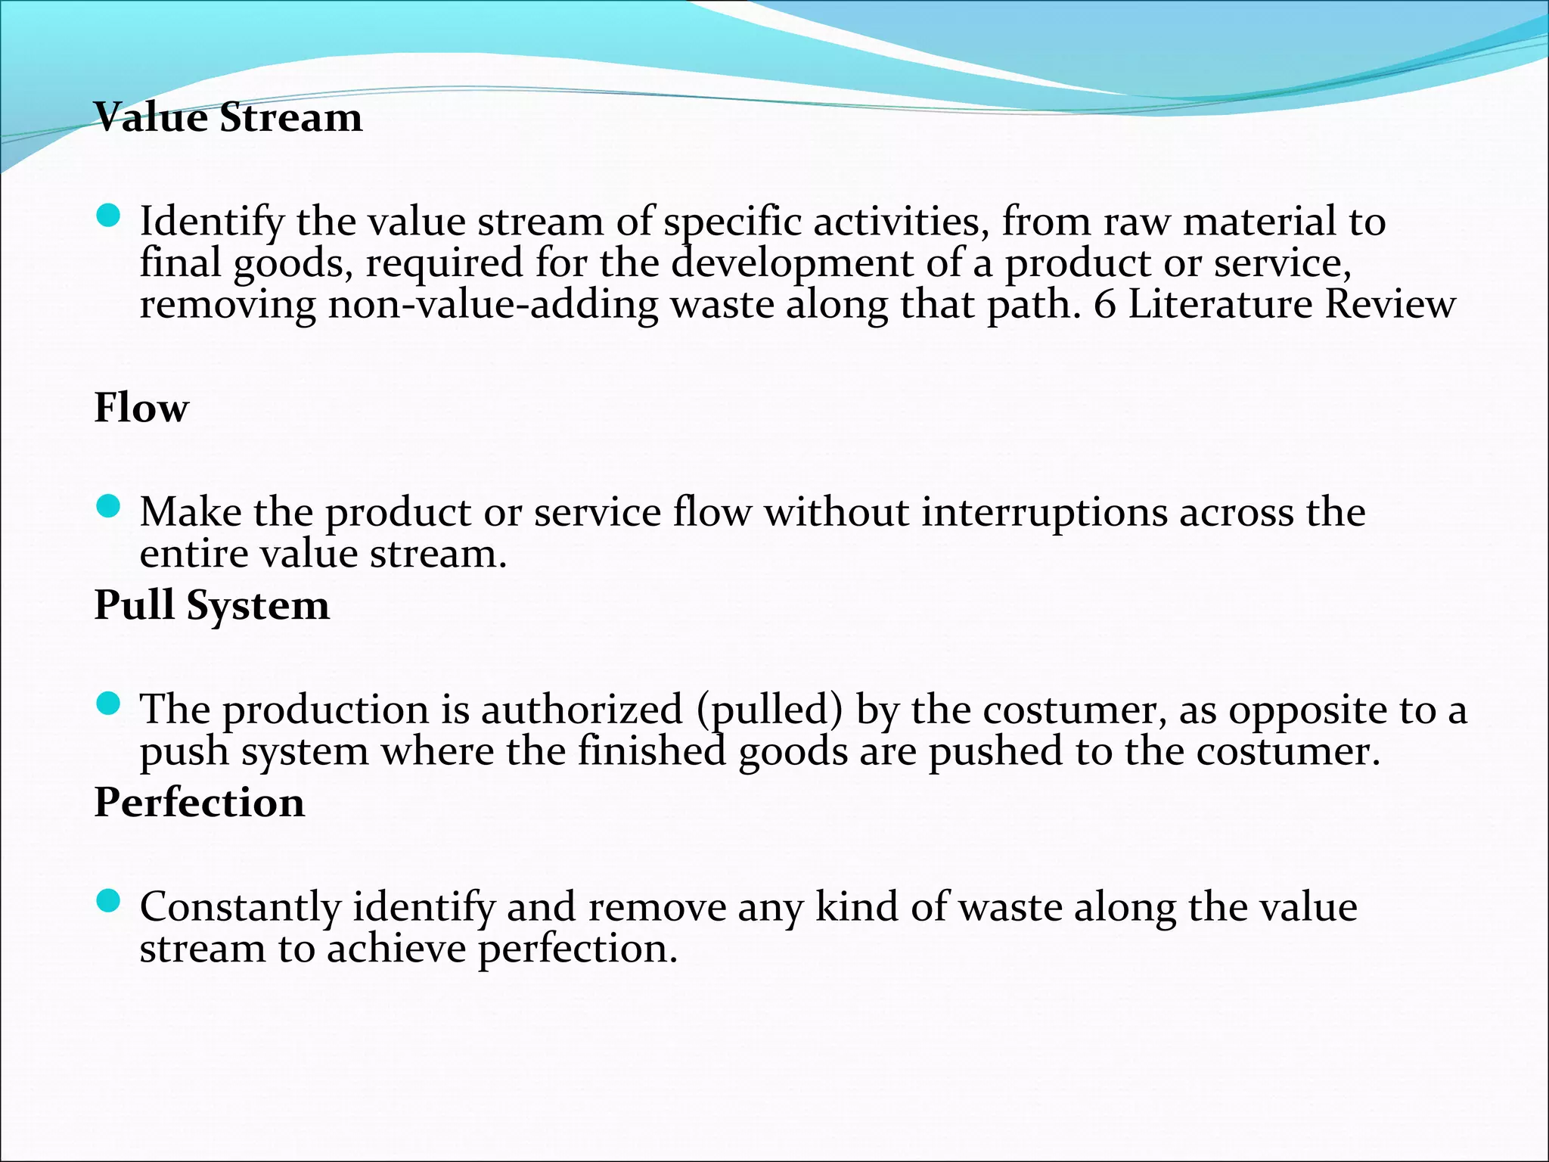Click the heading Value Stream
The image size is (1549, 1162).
click(x=228, y=118)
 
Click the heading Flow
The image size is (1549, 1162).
click(x=141, y=408)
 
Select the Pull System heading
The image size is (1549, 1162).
click(x=212, y=605)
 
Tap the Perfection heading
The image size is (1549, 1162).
click(x=200, y=803)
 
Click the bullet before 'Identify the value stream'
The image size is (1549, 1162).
click(x=110, y=216)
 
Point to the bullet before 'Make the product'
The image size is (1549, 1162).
click(x=110, y=507)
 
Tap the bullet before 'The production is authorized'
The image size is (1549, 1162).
click(x=110, y=704)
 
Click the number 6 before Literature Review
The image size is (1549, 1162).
click(x=1105, y=305)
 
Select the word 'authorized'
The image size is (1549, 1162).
click(x=582, y=710)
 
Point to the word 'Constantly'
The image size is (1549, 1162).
click(x=241, y=908)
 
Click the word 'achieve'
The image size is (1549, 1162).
click(x=396, y=949)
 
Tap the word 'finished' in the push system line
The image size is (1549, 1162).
click(x=651, y=752)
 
